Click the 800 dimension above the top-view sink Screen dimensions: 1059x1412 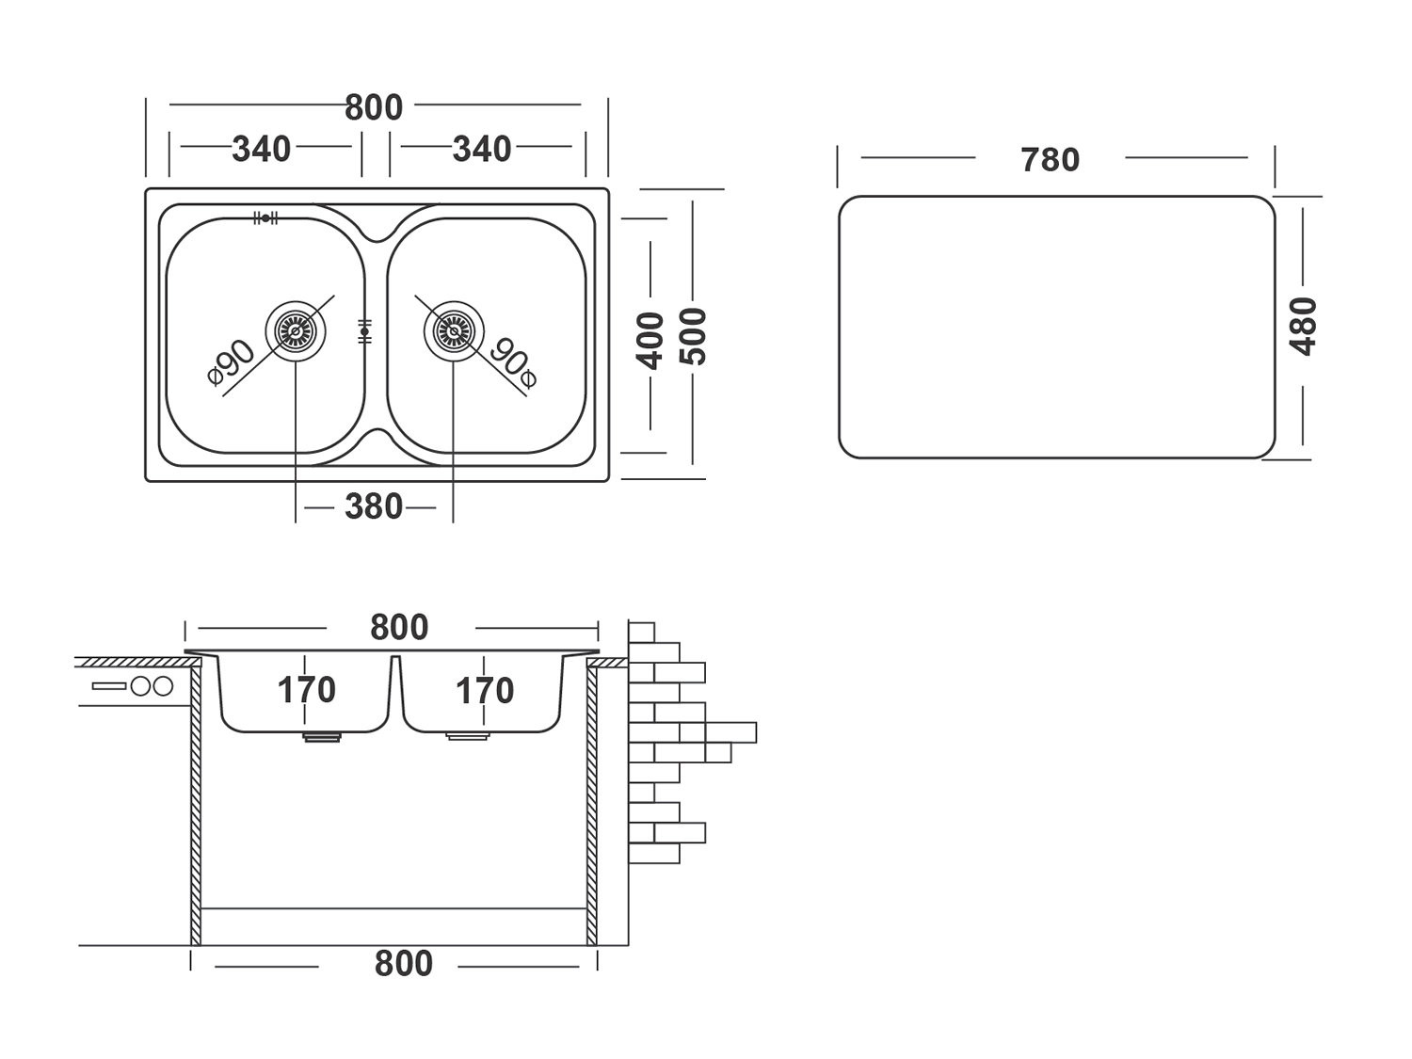(x=374, y=107)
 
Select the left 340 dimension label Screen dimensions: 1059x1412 (x=262, y=149)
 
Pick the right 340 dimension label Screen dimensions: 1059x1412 (x=482, y=149)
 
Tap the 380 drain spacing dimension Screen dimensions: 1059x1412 (x=374, y=507)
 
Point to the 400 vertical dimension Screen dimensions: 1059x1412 (x=650, y=338)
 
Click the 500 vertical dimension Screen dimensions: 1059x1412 (x=694, y=336)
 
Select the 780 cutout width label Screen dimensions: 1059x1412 (x=1050, y=160)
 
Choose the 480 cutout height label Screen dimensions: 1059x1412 (x=1304, y=326)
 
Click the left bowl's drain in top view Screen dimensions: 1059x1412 (x=296, y=330)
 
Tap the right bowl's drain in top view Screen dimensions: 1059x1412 (x=453, y=330)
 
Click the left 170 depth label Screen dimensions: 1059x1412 (x=306, y=691)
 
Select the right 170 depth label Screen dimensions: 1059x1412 (x=485, y=691)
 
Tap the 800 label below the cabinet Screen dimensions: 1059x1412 (x=403, y=964)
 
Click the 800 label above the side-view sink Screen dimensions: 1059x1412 (x=399, y=627)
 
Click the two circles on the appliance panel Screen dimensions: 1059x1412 (x=152, y=686)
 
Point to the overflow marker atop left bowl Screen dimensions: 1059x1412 (x=265, y=217)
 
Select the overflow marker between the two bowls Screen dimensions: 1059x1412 (x=364, y=331)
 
